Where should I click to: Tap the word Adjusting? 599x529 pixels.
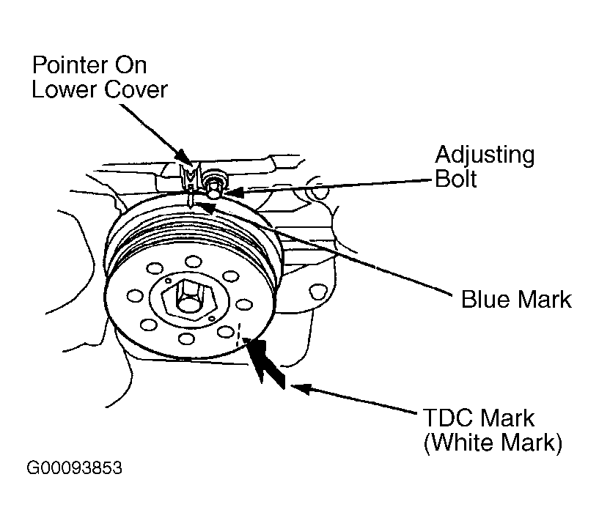(485, 155)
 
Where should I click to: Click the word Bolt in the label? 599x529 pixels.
(456, 179)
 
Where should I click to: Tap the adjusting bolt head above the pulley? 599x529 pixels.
(214, 181)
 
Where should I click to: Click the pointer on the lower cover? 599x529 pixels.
(188, 176)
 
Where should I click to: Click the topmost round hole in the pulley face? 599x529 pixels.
(193, 261)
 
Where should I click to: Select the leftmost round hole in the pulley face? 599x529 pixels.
(134, 296)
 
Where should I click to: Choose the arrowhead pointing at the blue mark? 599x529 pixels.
(207, 208)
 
